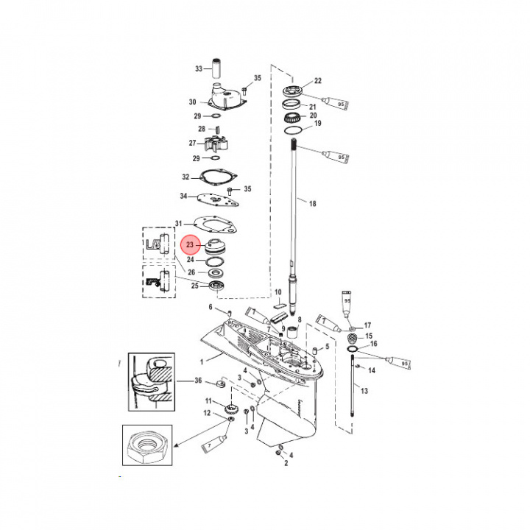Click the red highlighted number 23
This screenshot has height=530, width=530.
click(x=190, y=245)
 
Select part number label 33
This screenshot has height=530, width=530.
click(x=199, y=68)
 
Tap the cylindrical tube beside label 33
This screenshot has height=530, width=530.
click(x=218, y=68)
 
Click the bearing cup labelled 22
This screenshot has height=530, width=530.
click(x=297, y=91)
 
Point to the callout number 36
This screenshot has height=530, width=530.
click(x=197, y=380)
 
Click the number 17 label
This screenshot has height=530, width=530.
click(x=368, y=325)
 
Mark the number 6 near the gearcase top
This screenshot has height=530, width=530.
click(x=210, y=307)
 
